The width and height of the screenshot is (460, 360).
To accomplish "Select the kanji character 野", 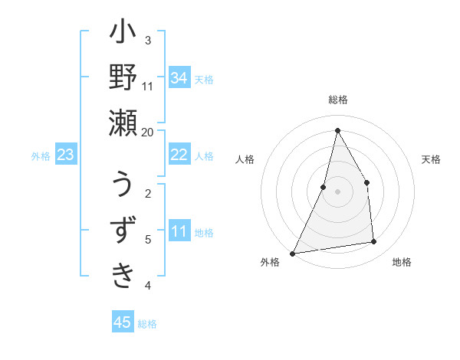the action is (x=123, y=79).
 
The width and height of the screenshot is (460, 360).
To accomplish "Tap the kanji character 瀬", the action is (x=123, y=123).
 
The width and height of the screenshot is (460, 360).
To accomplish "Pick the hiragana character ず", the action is (x=123, y=230).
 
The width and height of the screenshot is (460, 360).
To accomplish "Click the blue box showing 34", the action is (x=179, y=77).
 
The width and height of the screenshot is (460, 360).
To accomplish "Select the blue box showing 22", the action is (x=179, y=155).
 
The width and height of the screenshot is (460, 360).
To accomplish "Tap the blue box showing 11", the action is (x=179, y=231).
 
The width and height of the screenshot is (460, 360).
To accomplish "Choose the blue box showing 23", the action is (x=66, y=155).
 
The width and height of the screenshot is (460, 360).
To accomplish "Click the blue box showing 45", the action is (x=123, y=322).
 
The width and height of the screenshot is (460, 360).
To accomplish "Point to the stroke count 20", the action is (x=147, y=132).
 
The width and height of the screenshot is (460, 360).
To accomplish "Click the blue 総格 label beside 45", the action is (x=148, y=324).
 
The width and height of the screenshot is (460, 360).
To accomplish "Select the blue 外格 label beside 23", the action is (x=41, y=156).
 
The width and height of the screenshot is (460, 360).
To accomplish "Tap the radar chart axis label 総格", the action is (x=338, y=100).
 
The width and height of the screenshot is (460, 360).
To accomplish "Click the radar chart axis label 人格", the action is (x=245, y=159).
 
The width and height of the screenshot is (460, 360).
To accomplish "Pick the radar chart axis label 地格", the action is (x=402, y=263).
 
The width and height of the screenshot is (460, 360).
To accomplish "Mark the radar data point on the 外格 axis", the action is (x=292, y=254).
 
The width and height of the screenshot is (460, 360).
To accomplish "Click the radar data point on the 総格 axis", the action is (x=337, y=129).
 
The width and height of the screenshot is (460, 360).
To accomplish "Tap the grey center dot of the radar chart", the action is (x=337, y=191).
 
